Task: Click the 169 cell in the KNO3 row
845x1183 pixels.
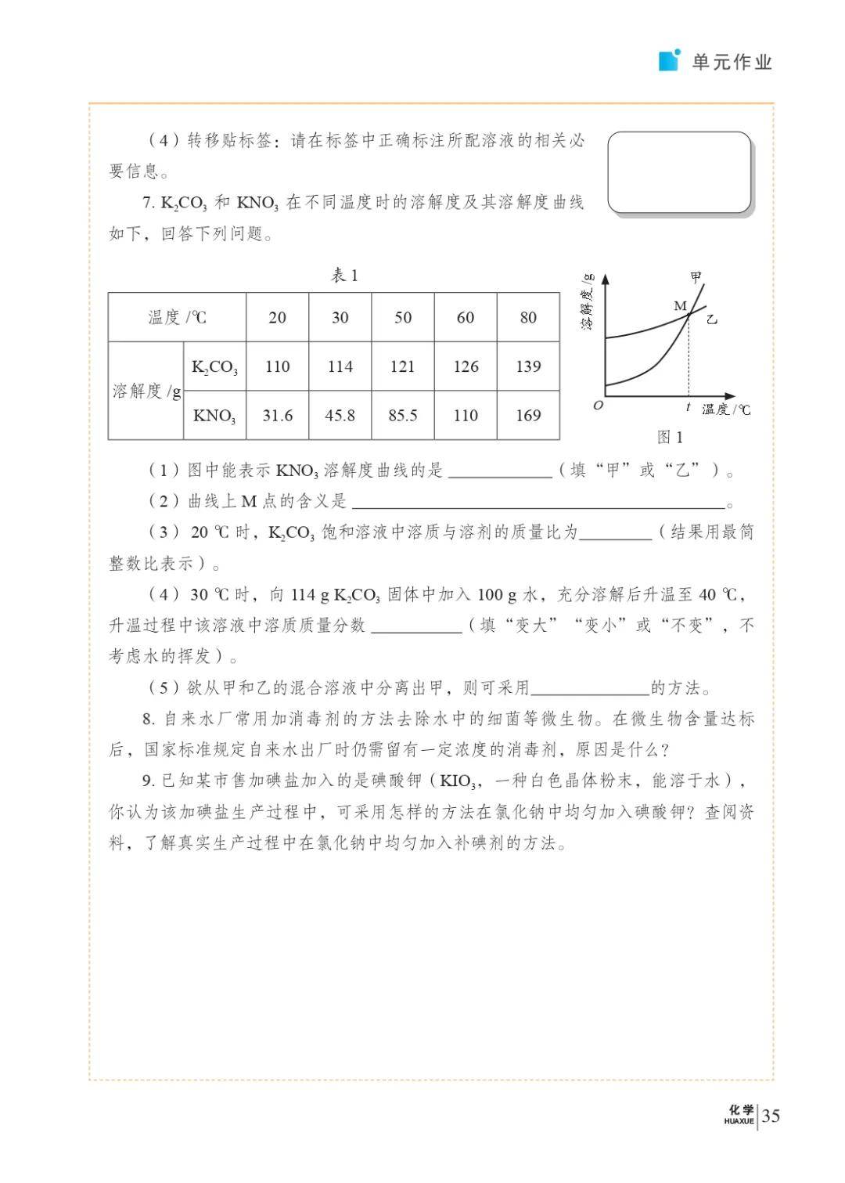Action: [x=528, y=415]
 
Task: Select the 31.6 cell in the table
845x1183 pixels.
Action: [x=278, y=415]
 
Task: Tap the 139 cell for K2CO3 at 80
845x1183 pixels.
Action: [x=528, y=366]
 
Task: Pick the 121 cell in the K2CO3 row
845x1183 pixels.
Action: [x=403, y=366]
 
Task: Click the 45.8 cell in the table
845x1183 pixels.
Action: [x=340, y=415]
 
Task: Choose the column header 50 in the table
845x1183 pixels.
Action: [x=403, y=317]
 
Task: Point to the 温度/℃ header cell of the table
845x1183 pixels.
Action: [x=178, y=317]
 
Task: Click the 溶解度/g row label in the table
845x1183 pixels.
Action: [x=146, y=391]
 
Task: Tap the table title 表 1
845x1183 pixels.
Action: [x=344, y=276]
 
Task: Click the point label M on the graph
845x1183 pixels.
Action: [x=680, y=306]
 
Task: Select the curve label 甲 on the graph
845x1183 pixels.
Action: [x=696, y=276]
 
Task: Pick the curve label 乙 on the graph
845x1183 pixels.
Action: [x=711, y=319]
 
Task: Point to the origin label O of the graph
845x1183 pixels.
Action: [x=599, y=406]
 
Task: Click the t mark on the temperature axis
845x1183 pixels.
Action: [x=688, y=407]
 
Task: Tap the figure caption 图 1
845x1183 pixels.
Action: [x=670, y=437]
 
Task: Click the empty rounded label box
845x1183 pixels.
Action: [x=679, y=172]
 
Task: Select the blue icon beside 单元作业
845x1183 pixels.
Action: [x=670, y=60]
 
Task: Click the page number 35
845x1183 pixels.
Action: [x=771, y=1116]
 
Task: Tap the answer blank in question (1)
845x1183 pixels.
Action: [x=500, y=471]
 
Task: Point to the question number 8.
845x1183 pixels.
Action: [x=149, y=719]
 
